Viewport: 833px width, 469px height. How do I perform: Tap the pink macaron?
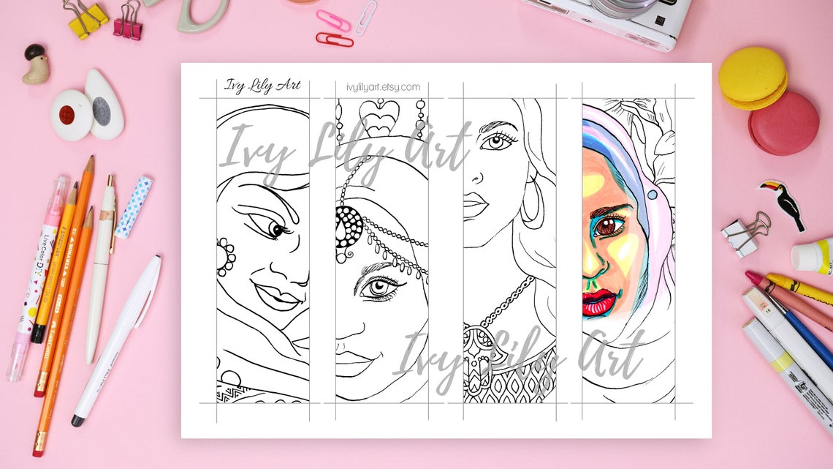pos(783,123)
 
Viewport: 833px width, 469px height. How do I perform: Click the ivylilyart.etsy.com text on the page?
pos(383,87)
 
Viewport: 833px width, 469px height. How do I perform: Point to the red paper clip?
pos(335,38)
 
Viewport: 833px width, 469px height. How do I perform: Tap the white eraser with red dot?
pos(71,116)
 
